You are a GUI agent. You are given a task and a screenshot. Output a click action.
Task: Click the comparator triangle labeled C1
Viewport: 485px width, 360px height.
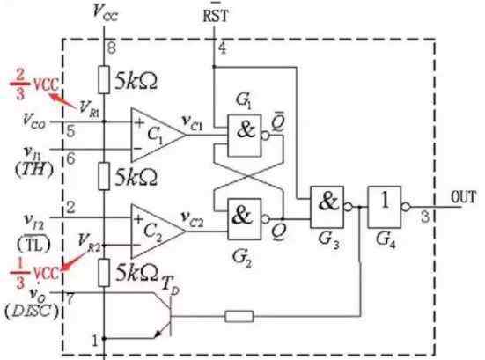pos(158,135)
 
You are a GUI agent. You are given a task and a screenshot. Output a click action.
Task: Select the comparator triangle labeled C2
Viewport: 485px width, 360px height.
pos(158,231)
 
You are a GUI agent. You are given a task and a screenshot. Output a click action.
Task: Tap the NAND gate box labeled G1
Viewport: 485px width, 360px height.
pos(245,136)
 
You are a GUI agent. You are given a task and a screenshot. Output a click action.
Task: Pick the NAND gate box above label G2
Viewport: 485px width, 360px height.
pos(245,219)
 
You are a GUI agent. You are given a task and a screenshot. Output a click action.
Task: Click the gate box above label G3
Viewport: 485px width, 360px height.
pos(327,207)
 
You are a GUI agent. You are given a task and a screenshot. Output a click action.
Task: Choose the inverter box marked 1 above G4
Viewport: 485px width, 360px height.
pos(385,207)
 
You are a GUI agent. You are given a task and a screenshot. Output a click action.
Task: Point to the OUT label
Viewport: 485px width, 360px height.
pos(463,197)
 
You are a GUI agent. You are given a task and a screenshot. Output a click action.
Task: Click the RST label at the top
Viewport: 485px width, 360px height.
pos(216,14)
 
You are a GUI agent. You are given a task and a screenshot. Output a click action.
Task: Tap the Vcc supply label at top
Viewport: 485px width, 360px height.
pos(105,11)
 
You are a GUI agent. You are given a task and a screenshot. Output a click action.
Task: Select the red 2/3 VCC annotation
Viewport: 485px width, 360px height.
pos(33,84)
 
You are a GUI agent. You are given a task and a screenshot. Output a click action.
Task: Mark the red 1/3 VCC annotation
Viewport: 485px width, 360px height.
pos(34,273)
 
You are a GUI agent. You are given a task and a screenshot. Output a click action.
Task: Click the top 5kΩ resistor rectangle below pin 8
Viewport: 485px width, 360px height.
pos(104,79)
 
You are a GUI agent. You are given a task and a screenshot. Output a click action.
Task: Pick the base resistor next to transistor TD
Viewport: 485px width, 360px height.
pos(239,316)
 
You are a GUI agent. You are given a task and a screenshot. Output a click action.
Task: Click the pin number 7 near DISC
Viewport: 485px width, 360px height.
pos(70,298)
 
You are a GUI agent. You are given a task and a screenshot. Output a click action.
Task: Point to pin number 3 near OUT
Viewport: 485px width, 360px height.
pos(425,217)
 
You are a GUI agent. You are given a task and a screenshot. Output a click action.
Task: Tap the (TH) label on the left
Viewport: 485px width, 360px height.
pos(33,170)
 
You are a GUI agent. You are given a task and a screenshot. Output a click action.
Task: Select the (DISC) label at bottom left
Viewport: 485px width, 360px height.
pos(31,311)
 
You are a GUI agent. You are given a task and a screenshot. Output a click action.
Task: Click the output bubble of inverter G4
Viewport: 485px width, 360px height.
pos(405,207)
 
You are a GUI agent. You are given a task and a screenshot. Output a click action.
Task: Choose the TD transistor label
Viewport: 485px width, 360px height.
pos(171,285)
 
